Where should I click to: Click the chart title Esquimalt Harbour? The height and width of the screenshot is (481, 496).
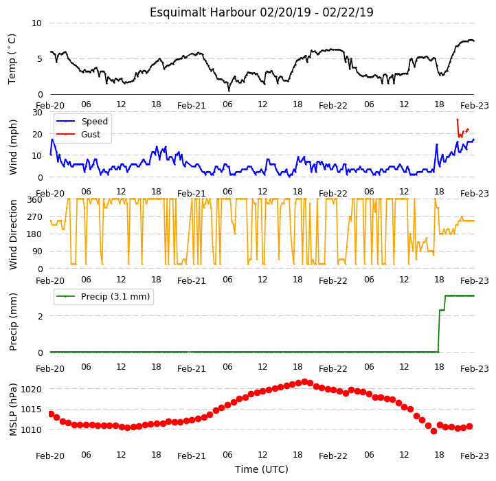[x=203, y=12]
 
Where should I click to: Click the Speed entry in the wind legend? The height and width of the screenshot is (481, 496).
[x=82, y=121]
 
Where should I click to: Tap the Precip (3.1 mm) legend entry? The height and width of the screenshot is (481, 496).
[x=103, y=297]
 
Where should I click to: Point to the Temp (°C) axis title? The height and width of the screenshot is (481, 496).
[x=12, y=59]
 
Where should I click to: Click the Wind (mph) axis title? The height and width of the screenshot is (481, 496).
[x=13, y=147]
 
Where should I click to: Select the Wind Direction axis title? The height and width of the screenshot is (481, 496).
[x=13, y=234]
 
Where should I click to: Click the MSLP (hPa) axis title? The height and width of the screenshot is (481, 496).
[x=13, y=410]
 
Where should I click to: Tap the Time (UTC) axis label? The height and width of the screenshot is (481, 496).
[x=262, y=469]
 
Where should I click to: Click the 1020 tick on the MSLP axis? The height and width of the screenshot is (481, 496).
[x=32, y=389]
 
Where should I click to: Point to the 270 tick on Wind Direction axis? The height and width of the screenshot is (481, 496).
[x=35, y=217]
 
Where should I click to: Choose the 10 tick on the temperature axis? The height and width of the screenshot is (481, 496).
[x=36, y=23]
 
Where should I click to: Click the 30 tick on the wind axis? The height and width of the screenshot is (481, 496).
[x=37, y=113]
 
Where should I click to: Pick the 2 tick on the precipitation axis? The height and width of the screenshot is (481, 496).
[x=40, y=316]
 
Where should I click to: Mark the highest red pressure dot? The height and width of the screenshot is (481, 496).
[x=304, y=381]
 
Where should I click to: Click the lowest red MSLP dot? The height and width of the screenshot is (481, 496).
[x=433, y=431]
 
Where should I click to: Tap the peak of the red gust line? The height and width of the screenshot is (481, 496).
[x=458, y=120]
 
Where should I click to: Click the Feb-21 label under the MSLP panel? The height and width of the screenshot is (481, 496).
[x=192, y=456]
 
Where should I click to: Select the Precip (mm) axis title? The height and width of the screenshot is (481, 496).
[x=13, y=322]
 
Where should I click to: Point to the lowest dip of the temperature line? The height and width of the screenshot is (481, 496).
[x=229, y=91]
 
